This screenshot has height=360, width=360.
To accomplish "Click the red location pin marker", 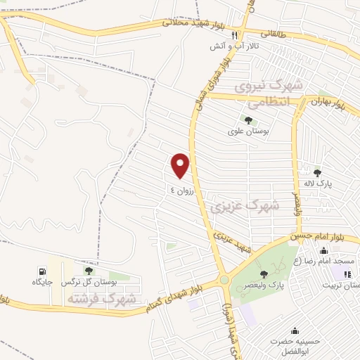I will coord(181,165).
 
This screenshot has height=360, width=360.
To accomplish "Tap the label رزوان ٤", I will coord(181,190).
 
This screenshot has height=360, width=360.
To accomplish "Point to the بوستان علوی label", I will coord(245,131).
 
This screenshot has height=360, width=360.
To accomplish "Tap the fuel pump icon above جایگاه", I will coord(43,271).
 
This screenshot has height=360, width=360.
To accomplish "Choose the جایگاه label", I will coord(43,282).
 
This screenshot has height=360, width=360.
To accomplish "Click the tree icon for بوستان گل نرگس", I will coord(89,271).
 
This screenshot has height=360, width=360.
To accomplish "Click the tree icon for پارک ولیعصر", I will coord(264,274).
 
